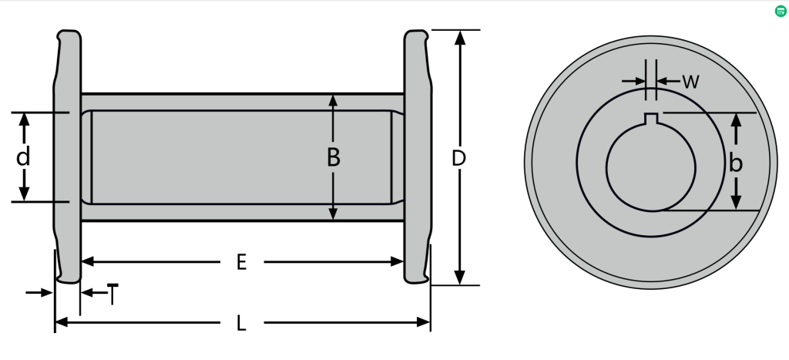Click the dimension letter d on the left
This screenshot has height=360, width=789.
click(x=23, y=158)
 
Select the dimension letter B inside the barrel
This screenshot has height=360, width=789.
click(x=333, y=158)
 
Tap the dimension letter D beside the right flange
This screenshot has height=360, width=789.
click(x=459, y=158)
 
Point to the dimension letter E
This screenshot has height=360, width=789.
click(x=241, y=262)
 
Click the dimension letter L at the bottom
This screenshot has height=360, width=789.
click(x=241, y=323)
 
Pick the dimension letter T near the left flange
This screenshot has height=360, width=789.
click(x=113, y=294)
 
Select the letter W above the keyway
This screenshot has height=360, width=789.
click(x=691, y=82)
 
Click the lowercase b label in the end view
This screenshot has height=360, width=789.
click(x=736, y=163)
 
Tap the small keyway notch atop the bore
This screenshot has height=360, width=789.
click(x=651, y=118)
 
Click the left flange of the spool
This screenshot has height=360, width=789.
click(x=66, y=154)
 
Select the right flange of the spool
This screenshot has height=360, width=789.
click(x=417, y=154)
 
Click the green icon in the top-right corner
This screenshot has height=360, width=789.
click(x=781, y=11)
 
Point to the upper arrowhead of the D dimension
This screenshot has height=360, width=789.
click(x=460, y=38)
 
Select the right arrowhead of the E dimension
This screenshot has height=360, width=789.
click(x=398, y=262)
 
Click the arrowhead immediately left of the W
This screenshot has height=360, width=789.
click(x=640, y=81)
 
